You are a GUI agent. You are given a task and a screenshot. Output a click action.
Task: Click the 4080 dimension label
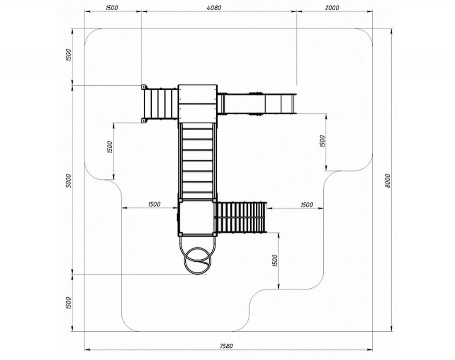214,8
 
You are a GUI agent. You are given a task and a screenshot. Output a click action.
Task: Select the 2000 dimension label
332,8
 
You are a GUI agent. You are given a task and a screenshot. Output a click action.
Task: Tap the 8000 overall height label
388,181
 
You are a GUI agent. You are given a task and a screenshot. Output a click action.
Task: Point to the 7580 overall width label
226,346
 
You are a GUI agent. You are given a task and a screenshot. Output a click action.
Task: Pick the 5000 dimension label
68,181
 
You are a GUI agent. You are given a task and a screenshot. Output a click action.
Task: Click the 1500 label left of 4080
111,8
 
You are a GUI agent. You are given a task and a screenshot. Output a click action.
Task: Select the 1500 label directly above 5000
68,55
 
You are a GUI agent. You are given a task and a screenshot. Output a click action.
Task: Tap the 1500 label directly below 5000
68,303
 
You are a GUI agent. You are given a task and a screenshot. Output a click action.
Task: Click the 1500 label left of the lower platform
154,204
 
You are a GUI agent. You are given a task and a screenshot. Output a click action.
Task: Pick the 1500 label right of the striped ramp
307,205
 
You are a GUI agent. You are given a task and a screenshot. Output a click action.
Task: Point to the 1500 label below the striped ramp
275,260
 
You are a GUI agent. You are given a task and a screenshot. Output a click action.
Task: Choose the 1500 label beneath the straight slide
322,141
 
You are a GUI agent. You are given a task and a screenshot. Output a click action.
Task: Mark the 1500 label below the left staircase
109,147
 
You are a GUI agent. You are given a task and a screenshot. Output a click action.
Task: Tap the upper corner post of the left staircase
143,87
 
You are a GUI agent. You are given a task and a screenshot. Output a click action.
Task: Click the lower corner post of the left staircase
143,120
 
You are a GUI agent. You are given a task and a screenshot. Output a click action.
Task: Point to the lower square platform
197,217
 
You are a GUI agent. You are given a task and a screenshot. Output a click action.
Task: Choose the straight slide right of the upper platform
257,104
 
